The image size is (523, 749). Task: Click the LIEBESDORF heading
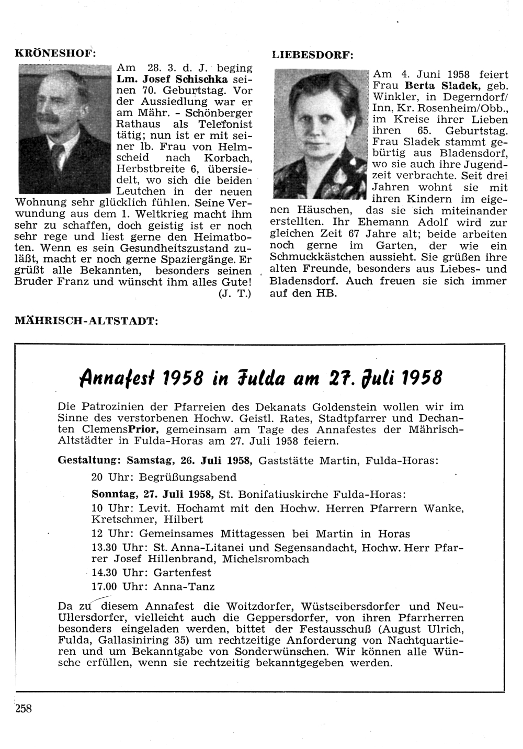313,55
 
